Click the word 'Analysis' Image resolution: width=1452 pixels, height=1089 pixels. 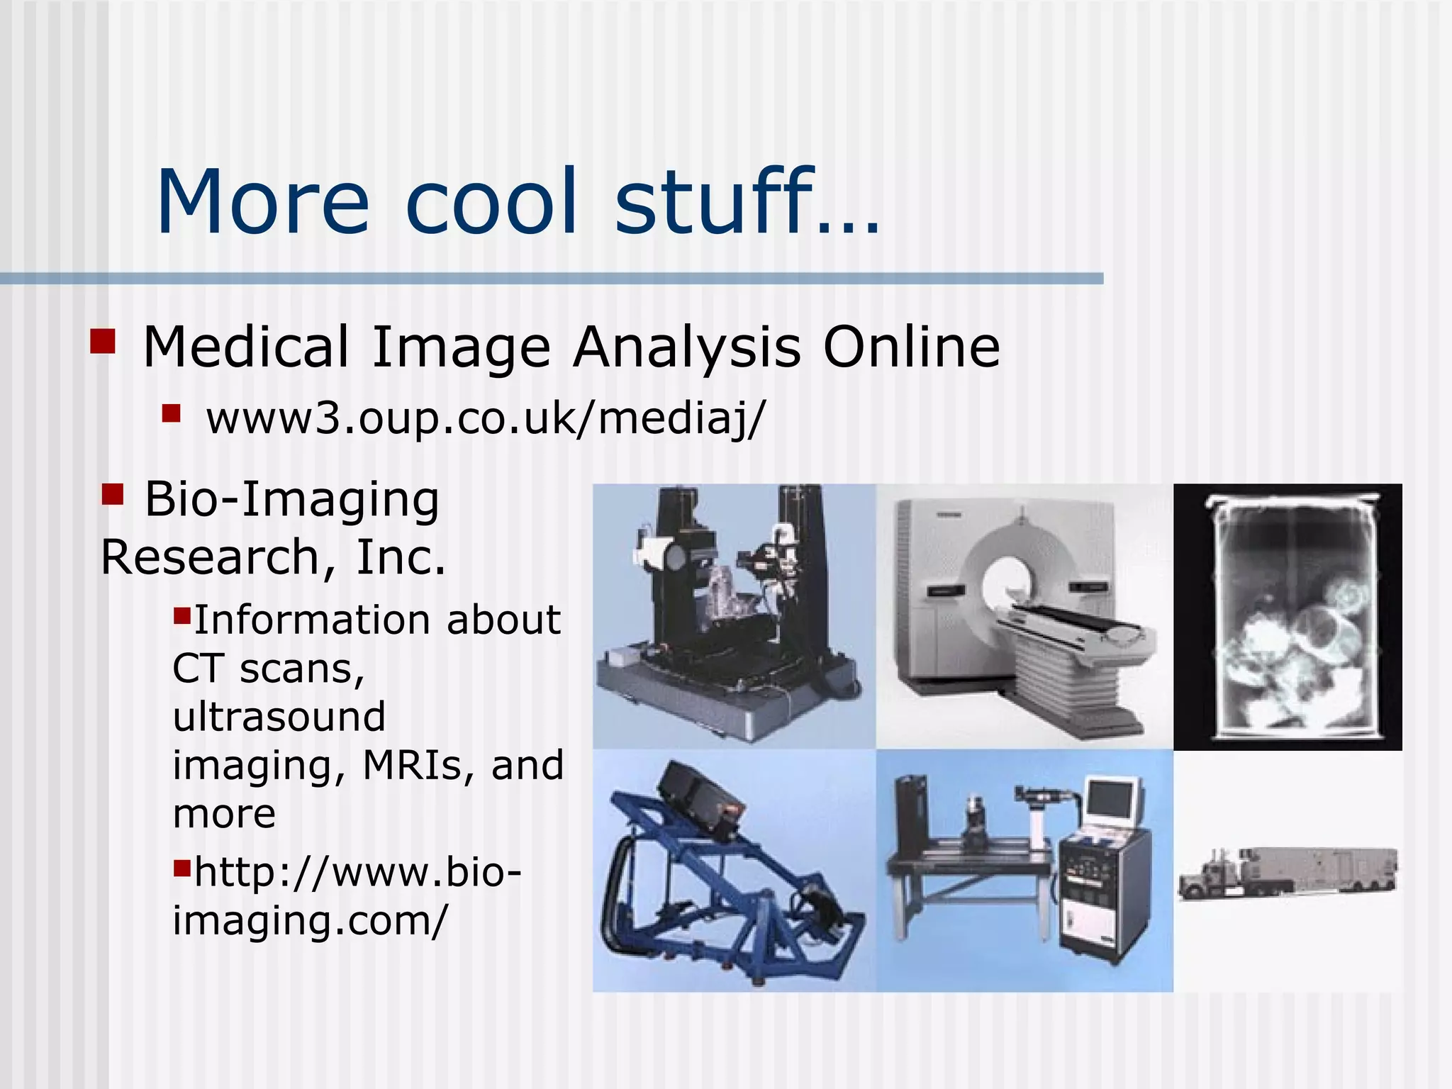click(687, 347)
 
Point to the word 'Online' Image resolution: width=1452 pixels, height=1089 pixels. click(911, 347)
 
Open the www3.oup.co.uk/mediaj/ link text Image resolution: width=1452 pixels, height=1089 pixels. click(486, 418)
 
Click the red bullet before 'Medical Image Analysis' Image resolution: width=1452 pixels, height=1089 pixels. click(102, 341)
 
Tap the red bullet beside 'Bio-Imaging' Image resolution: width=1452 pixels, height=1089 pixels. click(113, 493)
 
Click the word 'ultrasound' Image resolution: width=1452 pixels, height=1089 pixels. click(279, 716)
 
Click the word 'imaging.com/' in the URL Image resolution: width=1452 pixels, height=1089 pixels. click(311, 920)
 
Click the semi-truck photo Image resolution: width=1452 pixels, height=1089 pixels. click(1287, 873)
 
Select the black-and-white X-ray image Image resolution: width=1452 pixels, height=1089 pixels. click(1288, 616)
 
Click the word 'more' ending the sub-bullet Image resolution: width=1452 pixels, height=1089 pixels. click(224, 814)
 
